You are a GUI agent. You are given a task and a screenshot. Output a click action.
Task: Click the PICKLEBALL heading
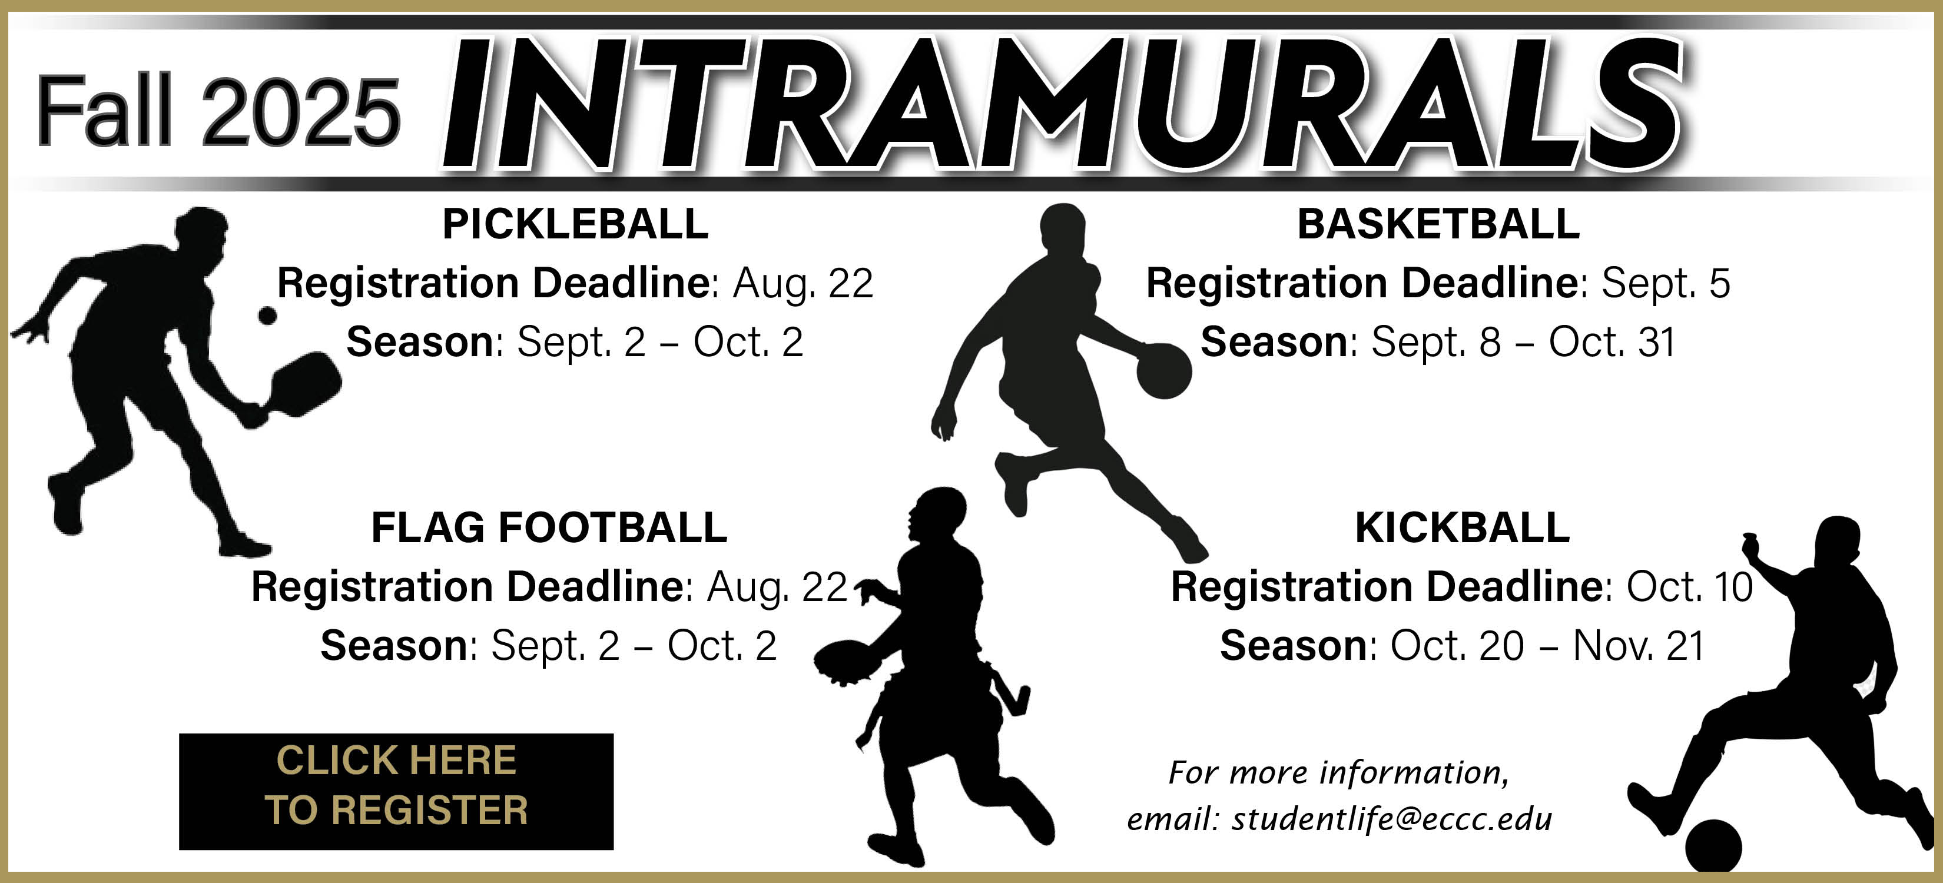(575, 224)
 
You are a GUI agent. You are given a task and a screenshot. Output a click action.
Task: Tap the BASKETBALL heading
(1438, 224)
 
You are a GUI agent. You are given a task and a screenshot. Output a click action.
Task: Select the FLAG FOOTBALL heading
(549, 527)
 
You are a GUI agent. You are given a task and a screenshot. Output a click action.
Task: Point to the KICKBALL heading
(1463, 527)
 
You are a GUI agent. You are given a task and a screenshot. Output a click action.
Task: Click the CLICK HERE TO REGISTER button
(396, 791)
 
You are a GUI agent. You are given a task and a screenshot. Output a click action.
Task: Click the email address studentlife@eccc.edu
(1392, 819)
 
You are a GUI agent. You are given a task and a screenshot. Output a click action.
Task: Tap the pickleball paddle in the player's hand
(298, 384)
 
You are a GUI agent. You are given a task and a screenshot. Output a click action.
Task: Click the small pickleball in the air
(267, 315)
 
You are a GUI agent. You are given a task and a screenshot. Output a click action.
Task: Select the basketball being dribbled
(1164, 371)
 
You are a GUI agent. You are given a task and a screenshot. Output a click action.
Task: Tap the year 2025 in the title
(301, 112)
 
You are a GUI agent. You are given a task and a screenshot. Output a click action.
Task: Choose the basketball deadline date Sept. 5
(1666, 284)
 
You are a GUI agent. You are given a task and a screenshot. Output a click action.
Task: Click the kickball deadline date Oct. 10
(1690, 587)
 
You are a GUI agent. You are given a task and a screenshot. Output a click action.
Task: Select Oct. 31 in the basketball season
(1612, 343)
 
